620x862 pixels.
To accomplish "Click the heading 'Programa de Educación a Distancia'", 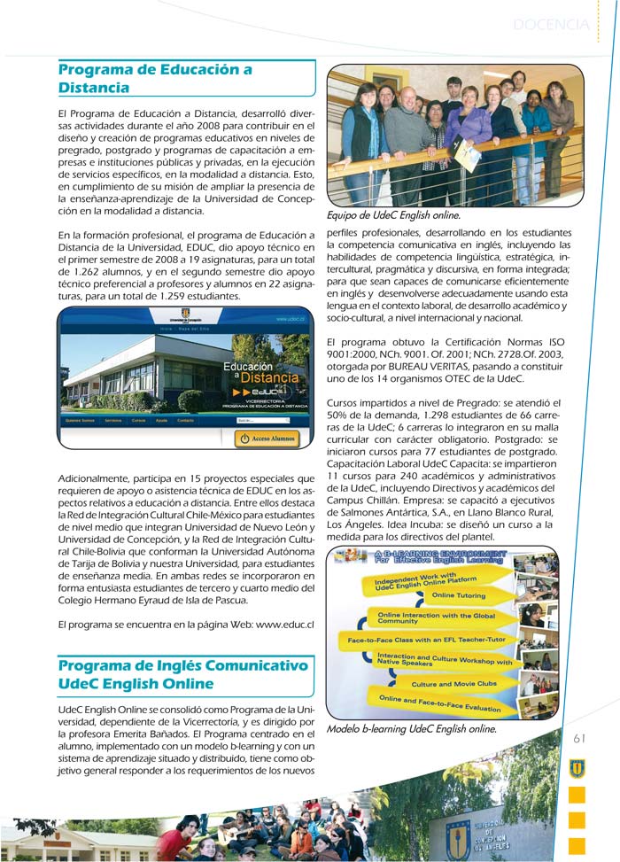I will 155,78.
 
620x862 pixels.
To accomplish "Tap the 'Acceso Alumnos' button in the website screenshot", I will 267,439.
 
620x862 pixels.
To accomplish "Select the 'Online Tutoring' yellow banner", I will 459,595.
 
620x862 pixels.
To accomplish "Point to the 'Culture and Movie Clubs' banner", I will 453,684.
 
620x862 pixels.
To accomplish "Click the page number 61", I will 580,738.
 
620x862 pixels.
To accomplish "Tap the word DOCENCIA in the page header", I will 550,25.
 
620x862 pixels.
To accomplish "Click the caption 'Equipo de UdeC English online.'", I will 393,215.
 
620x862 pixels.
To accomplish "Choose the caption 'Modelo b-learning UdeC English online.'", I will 411,730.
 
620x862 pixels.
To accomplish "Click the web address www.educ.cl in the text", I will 285,625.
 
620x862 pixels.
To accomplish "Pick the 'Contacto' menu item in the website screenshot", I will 185,421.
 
